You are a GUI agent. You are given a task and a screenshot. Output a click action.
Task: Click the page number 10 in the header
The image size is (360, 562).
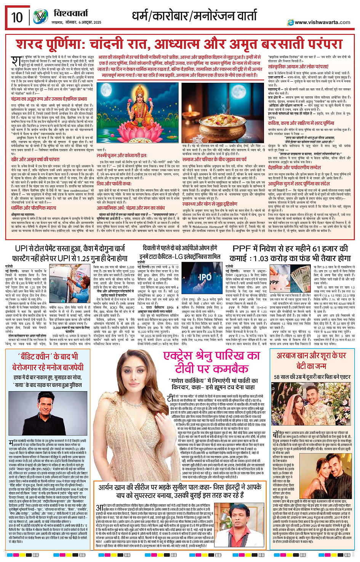17,17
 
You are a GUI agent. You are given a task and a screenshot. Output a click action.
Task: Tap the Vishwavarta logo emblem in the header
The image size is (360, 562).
41,17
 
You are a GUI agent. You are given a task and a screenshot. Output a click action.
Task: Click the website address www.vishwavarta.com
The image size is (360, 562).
322,22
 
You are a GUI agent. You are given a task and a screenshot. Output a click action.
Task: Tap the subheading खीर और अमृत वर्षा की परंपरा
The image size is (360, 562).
35,159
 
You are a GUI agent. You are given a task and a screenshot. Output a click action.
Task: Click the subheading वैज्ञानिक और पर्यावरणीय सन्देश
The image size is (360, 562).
299,167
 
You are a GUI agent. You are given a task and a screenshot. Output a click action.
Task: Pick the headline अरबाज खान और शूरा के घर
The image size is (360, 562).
311,360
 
